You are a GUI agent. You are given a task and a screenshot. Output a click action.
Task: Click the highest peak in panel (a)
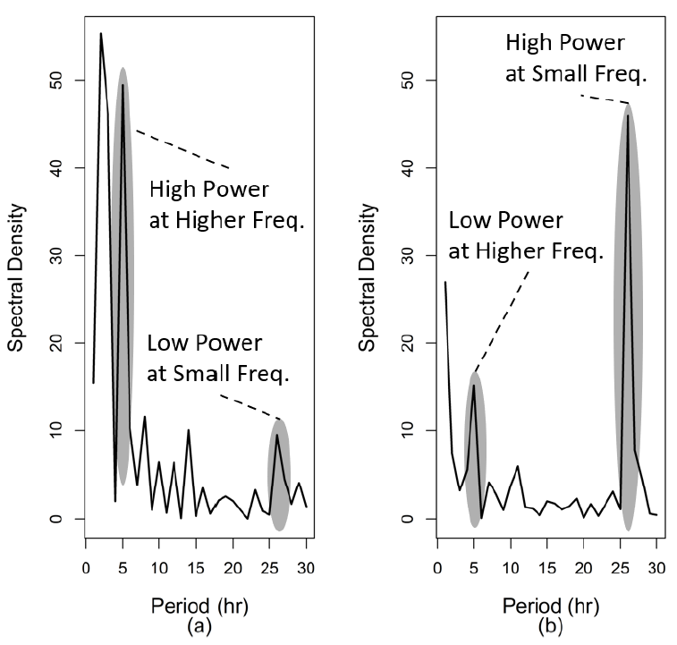(100, 34)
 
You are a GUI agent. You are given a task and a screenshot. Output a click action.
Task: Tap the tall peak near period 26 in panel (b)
(628, 115)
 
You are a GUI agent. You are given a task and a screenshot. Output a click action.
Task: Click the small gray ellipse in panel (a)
(280, 474)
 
